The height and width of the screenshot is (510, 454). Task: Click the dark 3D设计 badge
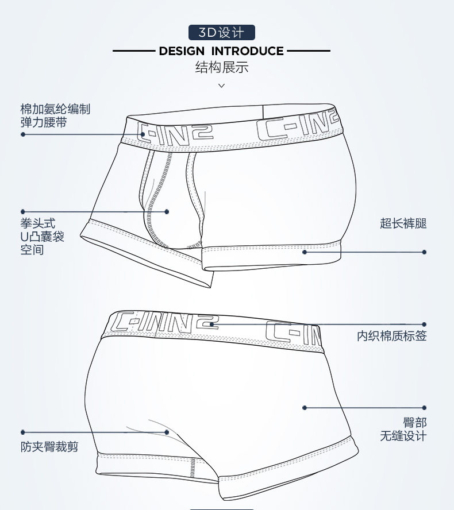tap(222, 33)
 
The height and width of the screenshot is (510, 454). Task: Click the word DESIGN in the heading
tap(182, 51)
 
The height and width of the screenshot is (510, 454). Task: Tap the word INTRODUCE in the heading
tap(247, 51)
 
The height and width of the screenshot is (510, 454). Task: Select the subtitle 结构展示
tap(222, 67)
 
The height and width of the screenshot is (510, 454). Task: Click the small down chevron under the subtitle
tap(222, 86)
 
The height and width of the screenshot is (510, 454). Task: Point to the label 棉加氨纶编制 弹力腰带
tap(55, 115)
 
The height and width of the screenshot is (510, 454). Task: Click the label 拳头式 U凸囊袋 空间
tap(43, 237)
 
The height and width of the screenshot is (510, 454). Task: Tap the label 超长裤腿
tap(403, 223)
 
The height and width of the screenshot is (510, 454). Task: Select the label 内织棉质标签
tap(392, 335)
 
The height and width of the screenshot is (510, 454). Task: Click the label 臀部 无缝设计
tap(403, 430)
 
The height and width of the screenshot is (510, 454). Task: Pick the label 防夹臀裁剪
tap(49, 447)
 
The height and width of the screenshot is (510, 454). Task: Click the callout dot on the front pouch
tap(167, 212)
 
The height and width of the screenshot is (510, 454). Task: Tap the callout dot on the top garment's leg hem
tap(305, 252)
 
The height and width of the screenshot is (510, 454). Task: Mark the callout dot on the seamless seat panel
tap(305, 408)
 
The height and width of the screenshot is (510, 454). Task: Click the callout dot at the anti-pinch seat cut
tap(167, 432)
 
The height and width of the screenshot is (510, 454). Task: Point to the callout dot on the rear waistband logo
tap(212, 324)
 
